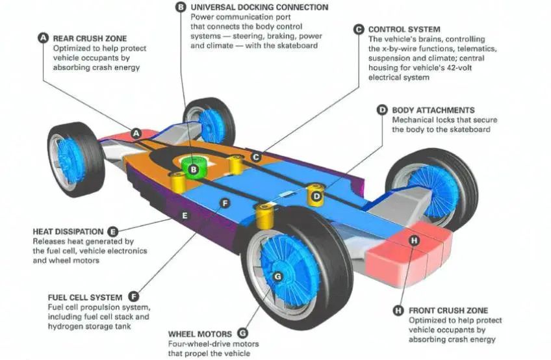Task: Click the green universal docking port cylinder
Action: tap(193, 163)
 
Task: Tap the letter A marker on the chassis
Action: tap(136, 134)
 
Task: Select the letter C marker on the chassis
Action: tap(256, 157)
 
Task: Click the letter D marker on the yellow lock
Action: tap(316, 196)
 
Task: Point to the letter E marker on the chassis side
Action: tap(185, 215)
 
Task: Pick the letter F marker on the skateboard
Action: tap(225, 203)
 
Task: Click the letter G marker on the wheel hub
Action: tap(277, 276)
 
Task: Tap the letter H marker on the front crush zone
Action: tap(414, 241)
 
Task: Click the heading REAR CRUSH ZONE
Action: tap(90, 38)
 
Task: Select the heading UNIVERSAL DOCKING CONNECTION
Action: tap(259, 7)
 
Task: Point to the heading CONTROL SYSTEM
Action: tap(404, 29)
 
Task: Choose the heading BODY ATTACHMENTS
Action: tap(433, 110)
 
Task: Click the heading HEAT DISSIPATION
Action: tap(68, 231)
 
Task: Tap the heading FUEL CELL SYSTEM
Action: tap(84, 296)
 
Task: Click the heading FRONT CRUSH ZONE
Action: tap(448, 311)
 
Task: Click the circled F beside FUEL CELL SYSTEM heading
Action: tap(134, 296)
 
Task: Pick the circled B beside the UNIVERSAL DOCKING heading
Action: tap(181, 7)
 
